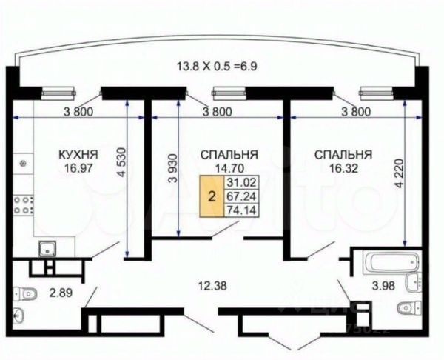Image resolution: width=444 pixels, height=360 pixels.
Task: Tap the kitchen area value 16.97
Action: [x=78, y=168]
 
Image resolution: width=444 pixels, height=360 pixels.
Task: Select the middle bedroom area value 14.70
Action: [x=229, y=168]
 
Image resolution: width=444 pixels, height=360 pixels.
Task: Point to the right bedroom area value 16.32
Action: [x=343, y=168]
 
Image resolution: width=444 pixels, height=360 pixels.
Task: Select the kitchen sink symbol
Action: [x=46, y=250]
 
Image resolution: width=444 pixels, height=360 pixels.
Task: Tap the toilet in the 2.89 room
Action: [x=25, y=294]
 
